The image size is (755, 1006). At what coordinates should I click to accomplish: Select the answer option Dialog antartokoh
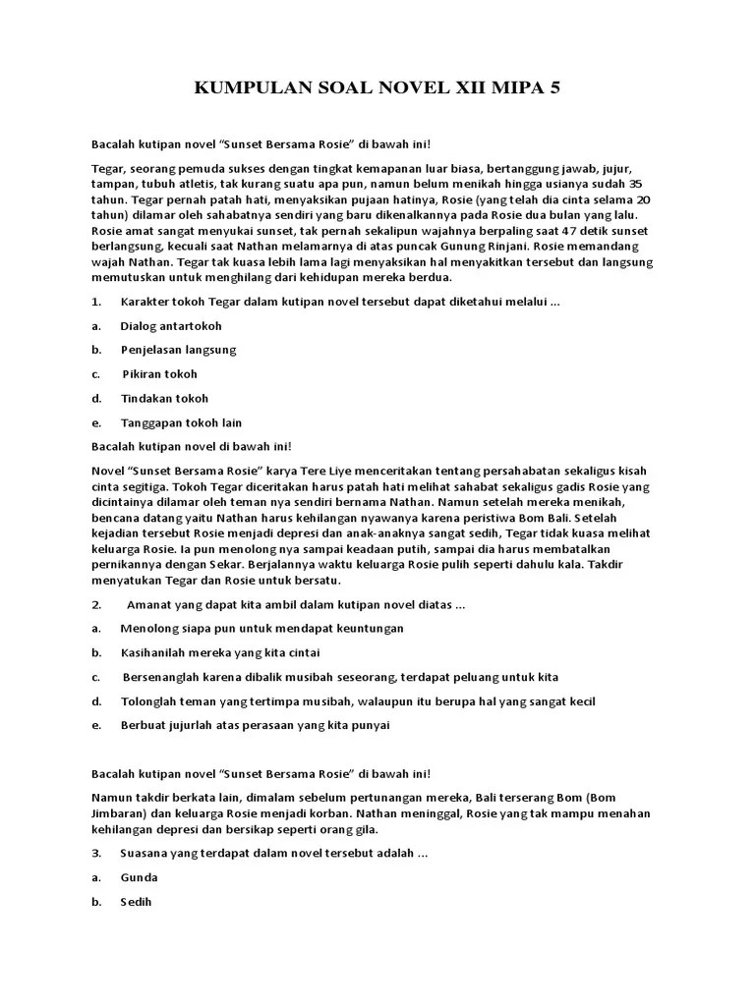[x=171, y=325]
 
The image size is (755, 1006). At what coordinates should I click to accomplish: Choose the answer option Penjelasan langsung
[x=178, y=350]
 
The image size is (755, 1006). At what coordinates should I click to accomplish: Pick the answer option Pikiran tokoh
[x=160, y=374]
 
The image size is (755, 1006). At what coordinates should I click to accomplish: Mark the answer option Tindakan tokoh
[x=164, y=399]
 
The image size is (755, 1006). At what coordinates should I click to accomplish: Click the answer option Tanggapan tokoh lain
[x=181, y=423]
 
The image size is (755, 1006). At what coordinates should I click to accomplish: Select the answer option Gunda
[x=139, y=877]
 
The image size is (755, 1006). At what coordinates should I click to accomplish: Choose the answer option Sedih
[x=137, y=902]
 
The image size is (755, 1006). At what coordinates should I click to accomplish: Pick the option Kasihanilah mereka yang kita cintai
[x=220, y=653]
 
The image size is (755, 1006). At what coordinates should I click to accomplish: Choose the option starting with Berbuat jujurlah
[x=255, y=726]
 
